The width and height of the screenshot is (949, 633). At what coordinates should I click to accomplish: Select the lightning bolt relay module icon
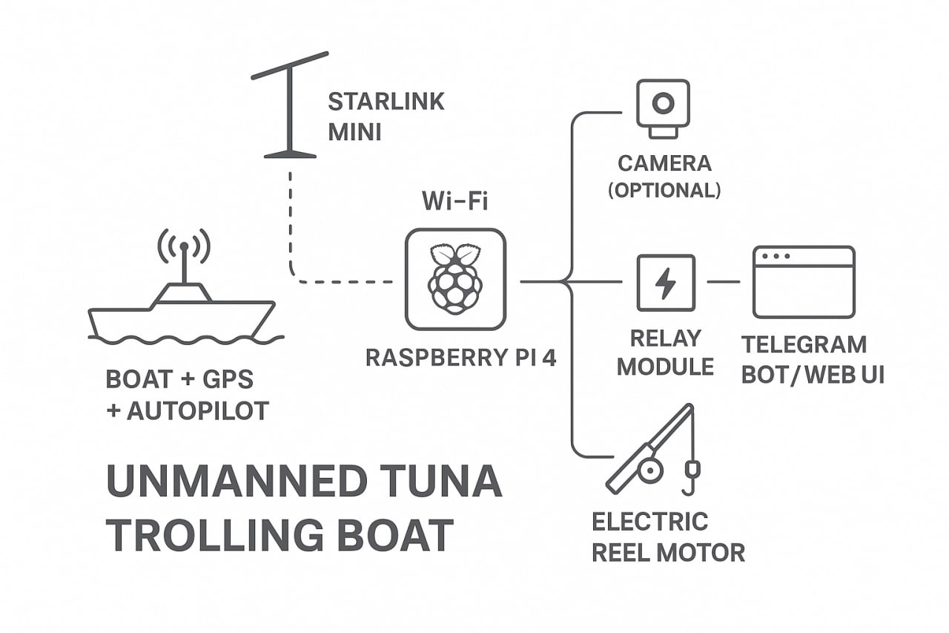[666, 283]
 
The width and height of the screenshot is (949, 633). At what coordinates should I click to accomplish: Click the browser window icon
[804, 282]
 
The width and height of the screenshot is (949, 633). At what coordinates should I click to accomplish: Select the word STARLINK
[386, 101]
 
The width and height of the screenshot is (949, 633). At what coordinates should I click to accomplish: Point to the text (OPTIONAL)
[664, 190]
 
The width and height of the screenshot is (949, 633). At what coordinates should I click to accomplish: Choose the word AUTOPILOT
[197, 410]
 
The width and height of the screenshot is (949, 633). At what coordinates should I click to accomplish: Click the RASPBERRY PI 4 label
[460, 358]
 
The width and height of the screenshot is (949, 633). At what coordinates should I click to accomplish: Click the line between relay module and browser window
[723, 282]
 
